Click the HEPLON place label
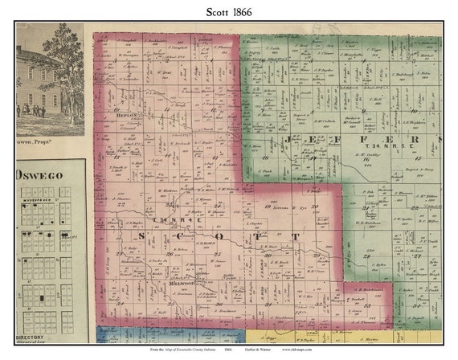[129, 116]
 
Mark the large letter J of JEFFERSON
[287, 139]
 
